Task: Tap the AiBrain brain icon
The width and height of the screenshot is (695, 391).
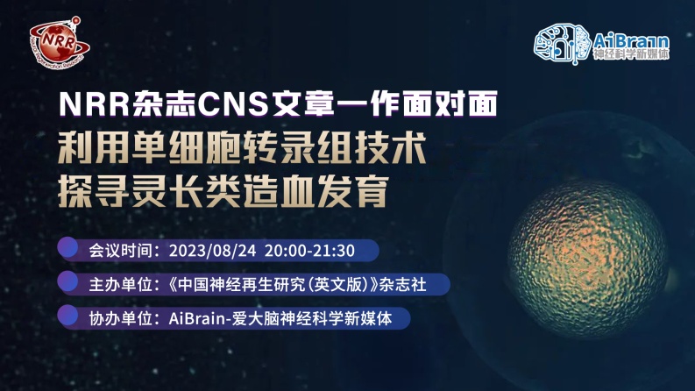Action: tap(562, 43)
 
